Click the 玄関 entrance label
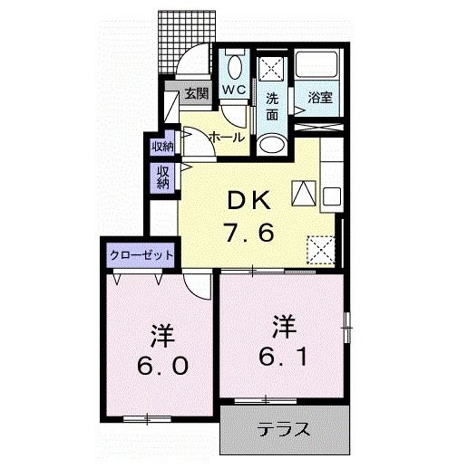(197, 92)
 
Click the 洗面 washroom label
(271, 105)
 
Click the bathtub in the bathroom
(316, 66)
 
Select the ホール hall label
(226, 137)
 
